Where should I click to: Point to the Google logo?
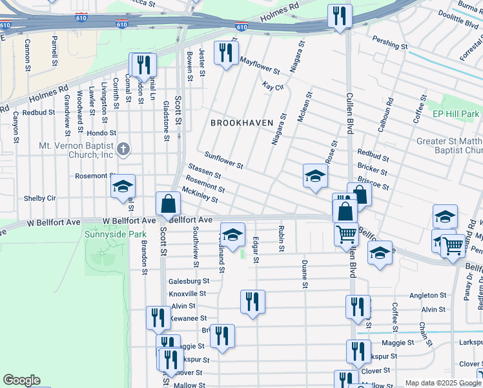tap(21, 380)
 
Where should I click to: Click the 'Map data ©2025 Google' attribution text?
tap(443, 383)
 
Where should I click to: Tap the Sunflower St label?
tap(223, 160)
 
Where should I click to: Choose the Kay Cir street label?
tap(273, 87)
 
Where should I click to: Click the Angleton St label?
tap(428, 296)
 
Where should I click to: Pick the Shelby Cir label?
tap(40, 198)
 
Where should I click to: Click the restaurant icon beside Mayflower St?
tap(225, 52)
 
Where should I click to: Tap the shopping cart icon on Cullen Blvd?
tap(347, 233)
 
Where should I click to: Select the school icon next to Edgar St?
tap(233, 233)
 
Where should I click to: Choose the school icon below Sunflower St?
tap(314, 175)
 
